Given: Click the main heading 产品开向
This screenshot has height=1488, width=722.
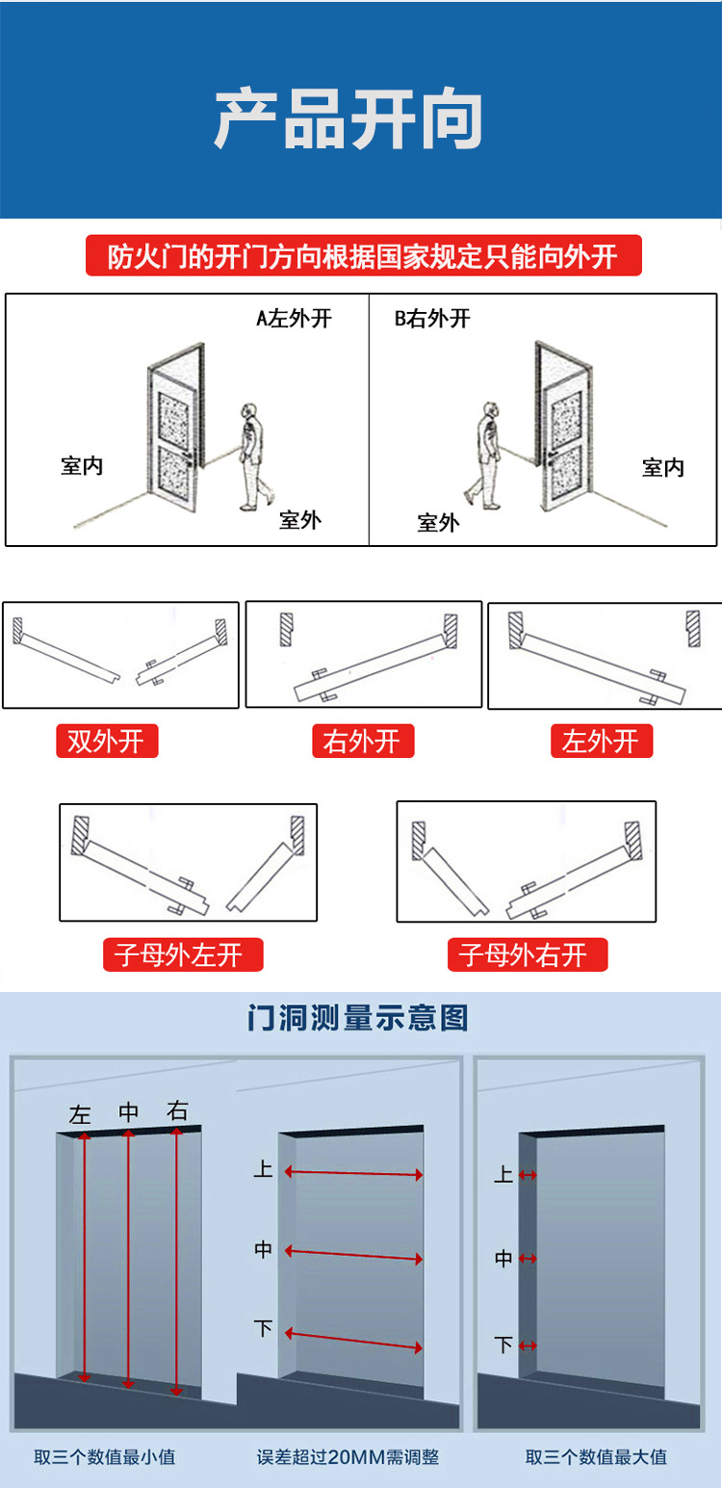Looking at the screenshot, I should pyautogui.click(x=348, y=120).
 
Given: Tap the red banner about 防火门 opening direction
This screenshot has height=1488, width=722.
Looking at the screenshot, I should pyautogui.click(x=363, y=257).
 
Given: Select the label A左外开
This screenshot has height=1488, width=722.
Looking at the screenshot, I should pyautogui.click(x=294, y=319).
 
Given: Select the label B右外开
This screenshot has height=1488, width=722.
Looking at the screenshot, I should pyautogui.click(x=432, y=319).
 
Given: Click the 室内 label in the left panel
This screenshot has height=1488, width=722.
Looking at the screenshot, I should pyautogui.click(x=82, y=466).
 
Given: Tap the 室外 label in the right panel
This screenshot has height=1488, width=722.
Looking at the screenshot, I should pyautogui.click(x=438, y=523).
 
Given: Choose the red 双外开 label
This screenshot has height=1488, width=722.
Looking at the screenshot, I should pyautogui.click(x=106, y=741).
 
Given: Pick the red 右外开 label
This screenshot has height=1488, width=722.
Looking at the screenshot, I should pyautogui.click(x=362, y=741).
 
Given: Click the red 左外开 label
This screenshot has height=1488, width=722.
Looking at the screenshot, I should pyautogui.click(x=601, y=741).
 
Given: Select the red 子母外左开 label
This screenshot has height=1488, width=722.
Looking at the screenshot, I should pyautogui.click(x=183, y=954).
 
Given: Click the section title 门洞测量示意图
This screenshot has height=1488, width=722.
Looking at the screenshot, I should pyautogui.click(x=357, y=1018).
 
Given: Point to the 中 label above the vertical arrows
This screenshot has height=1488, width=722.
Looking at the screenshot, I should pyautogui.click(x=128, y=1112).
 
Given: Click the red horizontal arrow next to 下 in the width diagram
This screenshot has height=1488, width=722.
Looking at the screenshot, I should pyautogui.click(x=354, y=1340).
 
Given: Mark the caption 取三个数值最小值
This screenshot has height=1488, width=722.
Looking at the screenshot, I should pyautogui.click(x=105, y=1456).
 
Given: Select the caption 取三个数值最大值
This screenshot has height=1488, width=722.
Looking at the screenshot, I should pyautogui.click(x=596, y=1456).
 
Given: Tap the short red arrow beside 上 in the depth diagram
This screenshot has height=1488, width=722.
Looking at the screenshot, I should pyautogui.click(x=528, y=1176).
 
